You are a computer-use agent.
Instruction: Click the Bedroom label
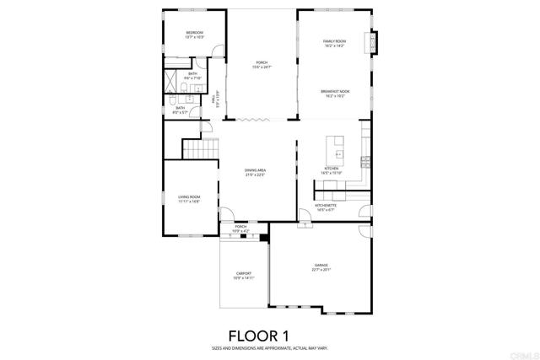(x=194, y=33)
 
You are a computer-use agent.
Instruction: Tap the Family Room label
(x=335, y=41)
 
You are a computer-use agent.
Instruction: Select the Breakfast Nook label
(x=335, y=91)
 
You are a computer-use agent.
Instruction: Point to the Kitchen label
(x=332, y=169)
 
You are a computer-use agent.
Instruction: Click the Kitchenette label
(x=327, y=205)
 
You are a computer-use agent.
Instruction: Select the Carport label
(x=243, y=274)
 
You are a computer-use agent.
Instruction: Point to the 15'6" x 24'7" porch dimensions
(x=261, y=67)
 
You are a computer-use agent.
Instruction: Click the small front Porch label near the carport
(x=240, y=226)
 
